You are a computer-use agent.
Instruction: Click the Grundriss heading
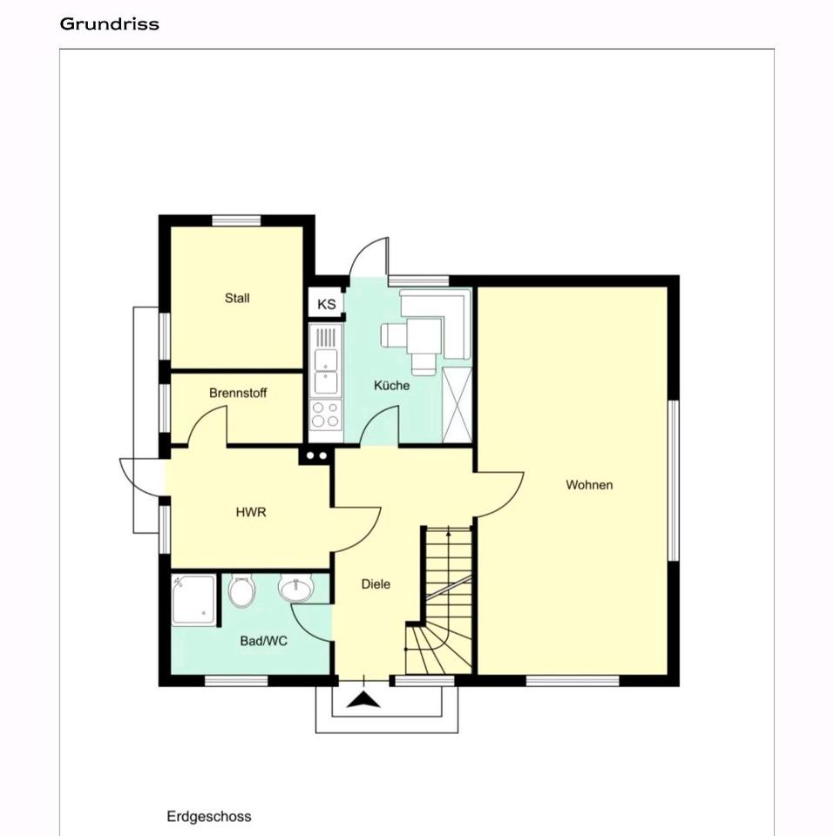tap(110, 24)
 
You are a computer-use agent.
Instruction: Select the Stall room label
tap(237, 298)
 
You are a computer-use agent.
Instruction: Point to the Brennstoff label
tap(238, 393)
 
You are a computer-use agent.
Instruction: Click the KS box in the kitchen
tap(326, 304)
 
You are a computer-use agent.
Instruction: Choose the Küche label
tap(391, 386)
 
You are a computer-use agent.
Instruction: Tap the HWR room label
tap(251, 512)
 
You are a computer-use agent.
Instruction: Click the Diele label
tap(376, 584)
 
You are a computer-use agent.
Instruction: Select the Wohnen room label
tap(589, 485)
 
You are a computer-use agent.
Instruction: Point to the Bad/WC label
tap(263, 641)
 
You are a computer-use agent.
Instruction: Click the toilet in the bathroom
tap(241, 591)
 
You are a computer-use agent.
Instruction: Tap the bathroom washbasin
tap(296, 589)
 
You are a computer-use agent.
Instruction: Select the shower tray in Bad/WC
tap(194, 600)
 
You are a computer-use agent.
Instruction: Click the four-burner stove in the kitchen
tap(326, 415)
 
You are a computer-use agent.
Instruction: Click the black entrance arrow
tap(363, 699)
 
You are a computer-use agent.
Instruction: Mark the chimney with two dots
tap(316, 456)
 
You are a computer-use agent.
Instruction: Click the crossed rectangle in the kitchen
tap(458, 405)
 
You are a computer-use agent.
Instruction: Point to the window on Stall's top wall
tap(236, 220)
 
